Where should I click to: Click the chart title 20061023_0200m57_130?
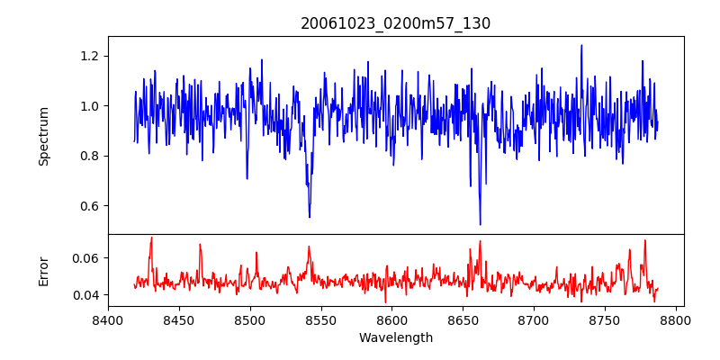395,23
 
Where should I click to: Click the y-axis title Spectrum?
43,136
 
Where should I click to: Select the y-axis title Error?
43,271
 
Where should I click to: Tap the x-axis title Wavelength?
395,338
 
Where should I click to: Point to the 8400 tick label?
108,319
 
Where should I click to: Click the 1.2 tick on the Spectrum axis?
88,56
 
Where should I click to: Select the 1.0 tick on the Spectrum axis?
88,106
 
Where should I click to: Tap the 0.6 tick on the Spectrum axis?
88,206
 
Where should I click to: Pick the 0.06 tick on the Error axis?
85,258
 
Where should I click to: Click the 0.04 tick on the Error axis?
85,295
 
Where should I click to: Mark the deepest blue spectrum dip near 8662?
480,224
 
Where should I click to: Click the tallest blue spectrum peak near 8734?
581,45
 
